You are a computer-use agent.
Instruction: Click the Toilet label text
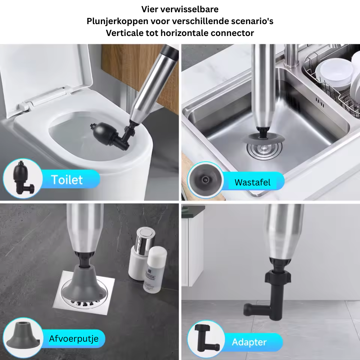(67, 179)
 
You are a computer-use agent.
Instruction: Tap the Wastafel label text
(252, 182)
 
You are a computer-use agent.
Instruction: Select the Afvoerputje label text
(73, 339)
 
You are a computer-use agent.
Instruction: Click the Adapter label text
(249, 342)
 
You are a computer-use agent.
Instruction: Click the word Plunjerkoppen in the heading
(114, 21)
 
